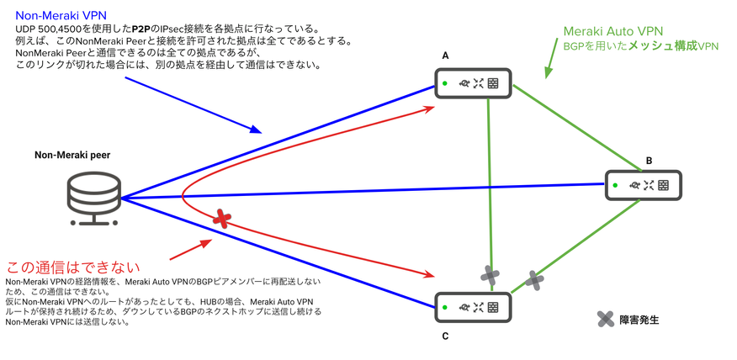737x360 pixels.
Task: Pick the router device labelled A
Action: (475, 83)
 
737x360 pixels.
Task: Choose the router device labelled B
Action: (643, 184)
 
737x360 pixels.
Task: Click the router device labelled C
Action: (472, 307)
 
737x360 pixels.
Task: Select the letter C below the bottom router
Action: (445, 336)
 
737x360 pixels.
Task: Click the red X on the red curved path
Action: (222, 219)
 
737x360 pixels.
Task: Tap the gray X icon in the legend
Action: (605, 319)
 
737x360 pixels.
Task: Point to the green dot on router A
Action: (446, 83)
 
